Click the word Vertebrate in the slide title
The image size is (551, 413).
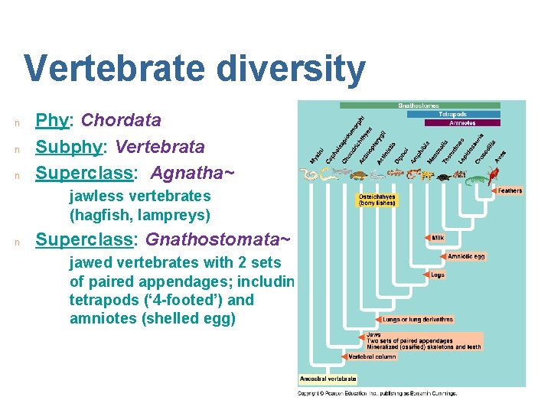pos(114,69)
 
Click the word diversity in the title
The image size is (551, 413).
pos(290,69)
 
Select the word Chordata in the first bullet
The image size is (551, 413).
pos(121,120)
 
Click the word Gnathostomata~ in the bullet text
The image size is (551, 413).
pos(218,239)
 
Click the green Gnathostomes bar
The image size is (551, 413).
pos(420,106)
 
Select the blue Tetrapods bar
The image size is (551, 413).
pos(454,114)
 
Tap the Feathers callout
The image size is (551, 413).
pos(510,190)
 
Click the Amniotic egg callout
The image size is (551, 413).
pos(466,256)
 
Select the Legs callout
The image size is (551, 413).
pos(438,275)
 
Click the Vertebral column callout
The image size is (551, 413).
pos(372,356)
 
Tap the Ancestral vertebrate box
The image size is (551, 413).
pos(327,379)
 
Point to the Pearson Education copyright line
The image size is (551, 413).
pos(377,393)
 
